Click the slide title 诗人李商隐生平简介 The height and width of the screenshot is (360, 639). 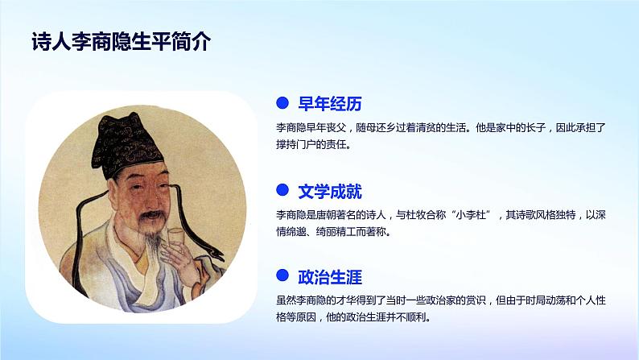coord(120,43)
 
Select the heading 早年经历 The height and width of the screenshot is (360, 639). coord(330,103)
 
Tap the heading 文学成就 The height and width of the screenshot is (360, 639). coord(330,192)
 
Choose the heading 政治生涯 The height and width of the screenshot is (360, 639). coord(330,279)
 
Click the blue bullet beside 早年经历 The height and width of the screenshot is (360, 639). coord(282,103)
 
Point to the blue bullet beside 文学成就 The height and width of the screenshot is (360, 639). coord(282,191)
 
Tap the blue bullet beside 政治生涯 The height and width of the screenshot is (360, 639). coord(282,278)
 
